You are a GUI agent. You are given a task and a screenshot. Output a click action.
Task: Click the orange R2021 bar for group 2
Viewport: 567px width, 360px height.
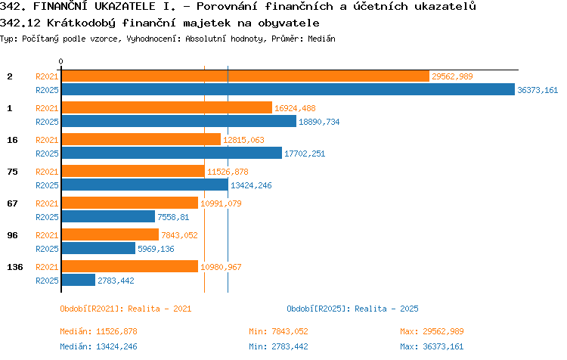[x=246, y=76]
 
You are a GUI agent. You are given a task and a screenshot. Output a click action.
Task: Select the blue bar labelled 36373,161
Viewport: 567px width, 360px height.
[x=288, y=90]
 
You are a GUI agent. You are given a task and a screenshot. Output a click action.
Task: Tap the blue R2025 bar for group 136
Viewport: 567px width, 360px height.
[x=79, y=281]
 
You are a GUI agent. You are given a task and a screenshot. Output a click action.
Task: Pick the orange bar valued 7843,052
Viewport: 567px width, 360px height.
[x=110, y=234]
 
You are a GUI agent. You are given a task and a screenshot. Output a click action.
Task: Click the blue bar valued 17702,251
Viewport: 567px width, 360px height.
[x=172, y=153]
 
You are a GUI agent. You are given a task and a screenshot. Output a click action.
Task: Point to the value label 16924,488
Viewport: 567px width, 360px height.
[x=295, y=108]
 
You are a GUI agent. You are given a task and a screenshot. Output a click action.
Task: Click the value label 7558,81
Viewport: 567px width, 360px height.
[x=173, y=217]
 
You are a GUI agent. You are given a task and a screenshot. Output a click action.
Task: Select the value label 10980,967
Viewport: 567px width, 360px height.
[x=221, y=267]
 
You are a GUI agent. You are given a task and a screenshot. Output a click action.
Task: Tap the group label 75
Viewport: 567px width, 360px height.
[x=12, y=172]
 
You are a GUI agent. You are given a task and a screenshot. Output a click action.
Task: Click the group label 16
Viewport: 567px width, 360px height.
[x=12, y=140]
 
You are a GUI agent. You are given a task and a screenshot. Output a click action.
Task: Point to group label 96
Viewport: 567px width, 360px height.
[x=12, y=235]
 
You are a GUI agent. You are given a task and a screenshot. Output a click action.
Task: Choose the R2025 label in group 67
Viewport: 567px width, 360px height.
[x=47, y=217]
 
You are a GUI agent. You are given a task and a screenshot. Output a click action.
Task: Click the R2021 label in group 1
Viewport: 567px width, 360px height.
[x=47, y=108]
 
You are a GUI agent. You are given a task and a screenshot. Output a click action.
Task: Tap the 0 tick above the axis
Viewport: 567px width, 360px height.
[x=60, y=61]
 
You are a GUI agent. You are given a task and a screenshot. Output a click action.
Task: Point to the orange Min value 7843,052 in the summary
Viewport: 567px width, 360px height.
[x=290, y=331]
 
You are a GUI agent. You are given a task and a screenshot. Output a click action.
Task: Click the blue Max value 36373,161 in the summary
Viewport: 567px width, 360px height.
[x=443, y=346]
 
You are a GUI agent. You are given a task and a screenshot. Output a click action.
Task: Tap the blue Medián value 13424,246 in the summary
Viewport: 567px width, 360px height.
[x=116, y=346]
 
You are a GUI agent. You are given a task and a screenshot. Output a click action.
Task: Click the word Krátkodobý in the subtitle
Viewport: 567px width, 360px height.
[x=82, y=23]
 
